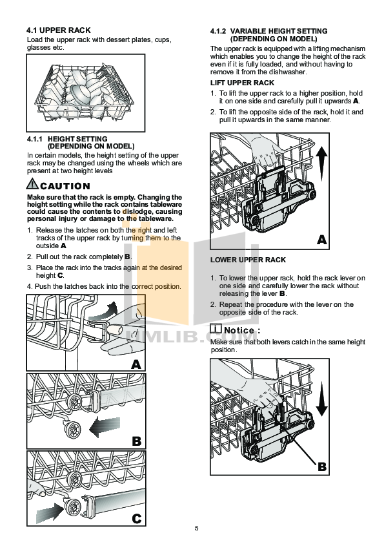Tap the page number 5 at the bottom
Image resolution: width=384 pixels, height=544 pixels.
pyautogui.click(x=196, y=529)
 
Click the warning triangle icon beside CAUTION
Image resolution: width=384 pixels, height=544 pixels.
pyautogui.click(x=33, y=185)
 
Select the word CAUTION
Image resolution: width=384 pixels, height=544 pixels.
pyautogui.click(x=65, y=186)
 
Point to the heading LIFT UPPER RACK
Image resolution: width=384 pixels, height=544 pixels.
pyautogui.click(x=242, y=83)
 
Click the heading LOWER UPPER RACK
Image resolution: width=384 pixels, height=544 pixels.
pyautogui.click(x=248, y=260)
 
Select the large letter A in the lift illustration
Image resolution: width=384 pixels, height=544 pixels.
pyautogui.click(x=323, y=240)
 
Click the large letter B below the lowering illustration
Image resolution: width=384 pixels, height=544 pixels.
pyautogui.click(x=323, y=465)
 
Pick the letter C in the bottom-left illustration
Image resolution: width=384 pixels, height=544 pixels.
pyautogui.click(x=136, y=518)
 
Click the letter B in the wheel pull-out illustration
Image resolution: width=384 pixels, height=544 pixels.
pyautogui.click(x=136, y=441)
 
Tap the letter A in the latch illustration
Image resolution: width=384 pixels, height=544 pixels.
pyautogui.click(x=136, y=364)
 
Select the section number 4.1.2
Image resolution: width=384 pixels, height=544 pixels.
pyautogui.click(x=219, y=31)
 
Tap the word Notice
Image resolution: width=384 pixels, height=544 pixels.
pyautogui.click(x=239, y=330)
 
